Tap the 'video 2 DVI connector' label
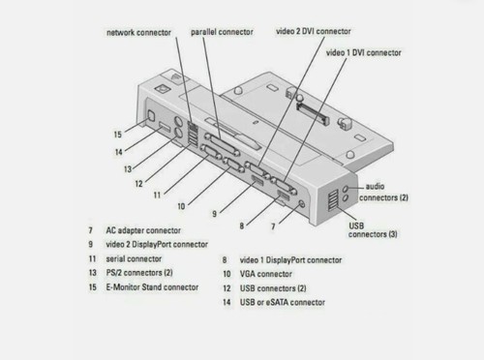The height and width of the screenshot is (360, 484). pos(316,31)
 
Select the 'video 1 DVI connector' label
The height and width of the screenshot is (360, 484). pos(363,52)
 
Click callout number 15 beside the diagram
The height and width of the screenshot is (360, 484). pos(117,134)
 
